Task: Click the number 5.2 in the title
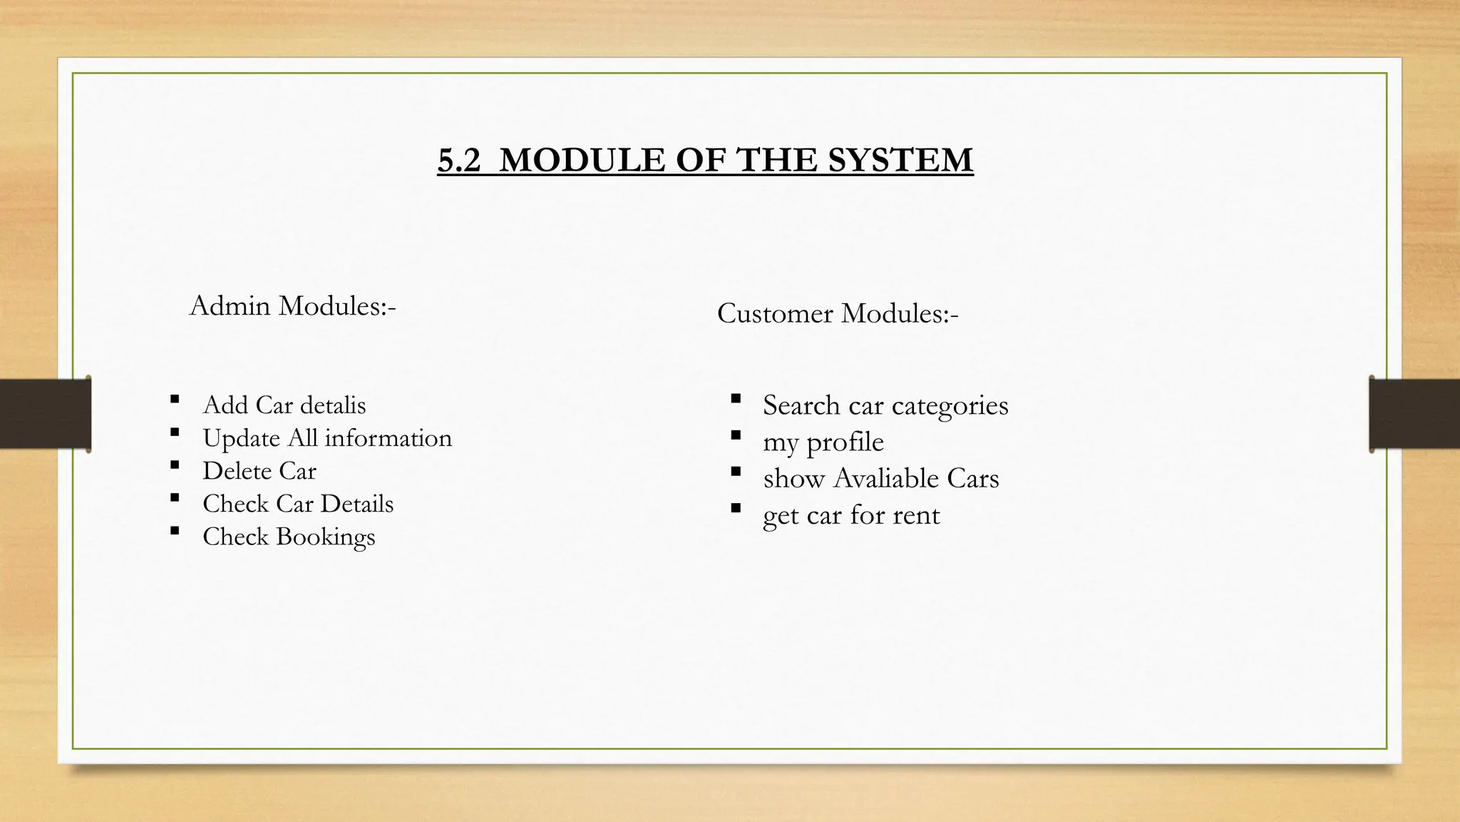coord(460,160)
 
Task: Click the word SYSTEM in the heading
coord(900,160)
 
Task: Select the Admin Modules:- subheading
coord(292,306)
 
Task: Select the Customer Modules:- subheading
coord(838,313)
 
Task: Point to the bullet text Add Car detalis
coord(284,405)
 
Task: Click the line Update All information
coord(327,438)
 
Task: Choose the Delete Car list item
coord(259,471)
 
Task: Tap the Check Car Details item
coord(298,504)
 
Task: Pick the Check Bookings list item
coord(289,537)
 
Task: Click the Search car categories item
coord(885,405)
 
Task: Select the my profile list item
coord(823,442)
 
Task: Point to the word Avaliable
coord(886,478)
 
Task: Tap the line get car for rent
coord(851,515)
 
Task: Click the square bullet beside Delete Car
coord(175,465)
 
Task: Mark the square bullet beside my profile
coord(736,435)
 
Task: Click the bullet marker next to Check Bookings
coord(175,531)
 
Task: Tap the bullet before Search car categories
coord(736,398)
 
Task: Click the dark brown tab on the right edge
coord(1414,414)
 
